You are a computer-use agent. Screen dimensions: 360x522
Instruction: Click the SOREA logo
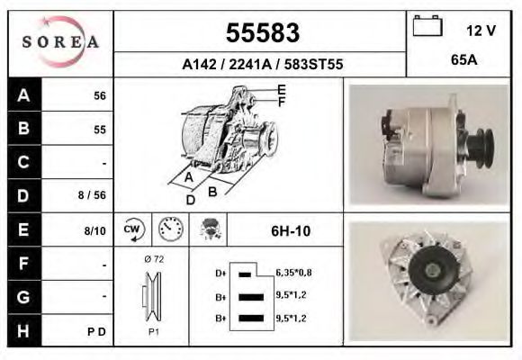point(60,43)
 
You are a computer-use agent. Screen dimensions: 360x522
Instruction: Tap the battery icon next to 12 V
point(426,28)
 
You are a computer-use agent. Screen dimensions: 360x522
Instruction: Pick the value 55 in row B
point(100,130)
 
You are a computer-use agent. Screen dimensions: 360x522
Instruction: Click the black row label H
point(22,330)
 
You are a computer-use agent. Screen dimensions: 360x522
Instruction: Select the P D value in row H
point(97,331)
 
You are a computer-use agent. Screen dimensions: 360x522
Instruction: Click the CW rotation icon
point(130,229)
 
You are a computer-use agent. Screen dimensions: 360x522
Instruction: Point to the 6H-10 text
point(290,231)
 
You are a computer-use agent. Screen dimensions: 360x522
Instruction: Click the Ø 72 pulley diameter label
point(152,259)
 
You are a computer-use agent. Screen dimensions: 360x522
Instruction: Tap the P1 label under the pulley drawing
point(152,330)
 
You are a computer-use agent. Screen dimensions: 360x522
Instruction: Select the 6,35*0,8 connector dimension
point(293,272)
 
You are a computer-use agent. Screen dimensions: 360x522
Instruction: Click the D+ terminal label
point(220,272)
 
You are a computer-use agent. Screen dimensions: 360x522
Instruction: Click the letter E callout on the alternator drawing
point(282,89)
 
